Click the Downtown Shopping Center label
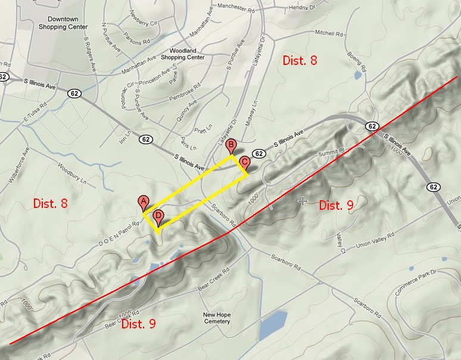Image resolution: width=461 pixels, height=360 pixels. [63, 23]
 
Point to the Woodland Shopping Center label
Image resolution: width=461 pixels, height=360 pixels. [187, 54]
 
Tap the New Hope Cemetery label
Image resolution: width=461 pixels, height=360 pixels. [216, 318]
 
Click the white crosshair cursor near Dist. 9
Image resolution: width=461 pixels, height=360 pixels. [303, 201]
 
